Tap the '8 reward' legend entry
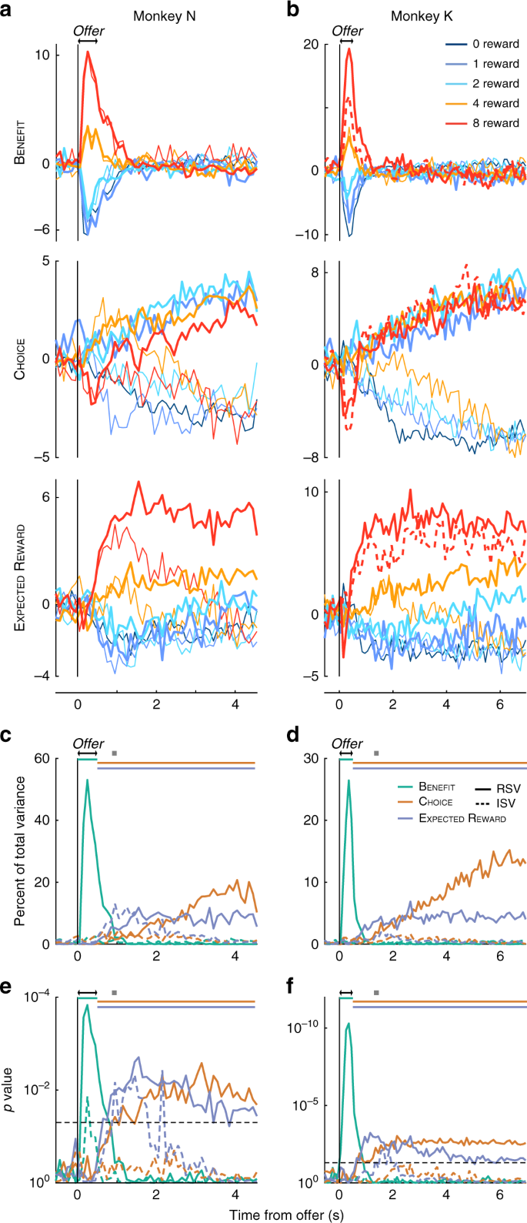click(x=496, y=123)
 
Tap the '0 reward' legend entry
click(x=496, y=45)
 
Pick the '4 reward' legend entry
click(x=496, y=103)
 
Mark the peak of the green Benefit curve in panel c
click(x=87, y=780)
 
